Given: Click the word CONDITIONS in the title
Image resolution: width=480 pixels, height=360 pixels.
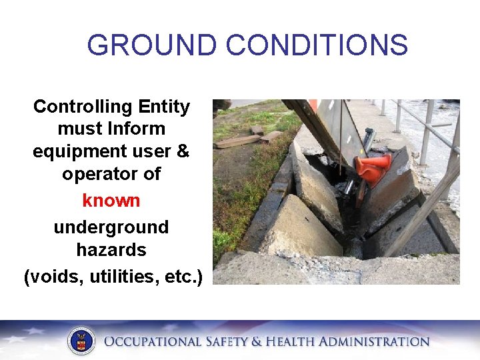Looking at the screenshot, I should coord(317,45).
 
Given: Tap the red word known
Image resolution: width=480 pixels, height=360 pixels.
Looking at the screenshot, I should coord(111,200).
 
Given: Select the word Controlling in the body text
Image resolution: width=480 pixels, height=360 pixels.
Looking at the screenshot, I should coord(74,107).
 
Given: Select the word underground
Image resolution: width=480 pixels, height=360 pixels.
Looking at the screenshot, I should coord(111,227).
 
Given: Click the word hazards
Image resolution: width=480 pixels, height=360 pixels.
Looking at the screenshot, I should coord(111,250).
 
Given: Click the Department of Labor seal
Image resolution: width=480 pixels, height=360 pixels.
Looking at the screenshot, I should coord(81,341).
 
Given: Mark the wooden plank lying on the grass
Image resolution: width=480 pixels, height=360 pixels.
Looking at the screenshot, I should coord(237,141).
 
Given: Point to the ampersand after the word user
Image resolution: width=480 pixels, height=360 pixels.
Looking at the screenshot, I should coord(183,151).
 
